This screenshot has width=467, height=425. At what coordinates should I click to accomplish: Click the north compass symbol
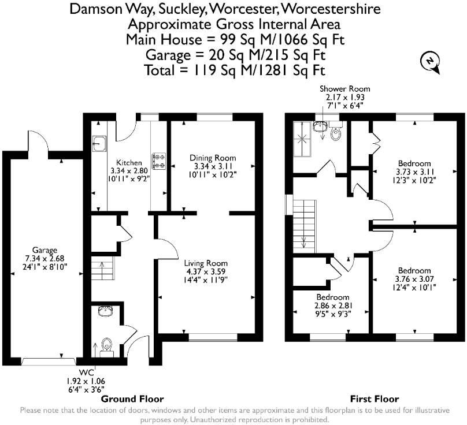coord(430,62)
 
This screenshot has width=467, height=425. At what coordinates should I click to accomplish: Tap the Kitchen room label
coord(129,162)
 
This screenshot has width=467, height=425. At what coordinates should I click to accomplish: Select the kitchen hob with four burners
coord(160,161)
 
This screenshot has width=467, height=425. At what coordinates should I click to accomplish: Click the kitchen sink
coord(99,144)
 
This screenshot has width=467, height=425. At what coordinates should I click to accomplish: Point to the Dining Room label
coord(213,158)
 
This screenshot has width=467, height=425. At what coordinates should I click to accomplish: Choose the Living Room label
coord(206,263)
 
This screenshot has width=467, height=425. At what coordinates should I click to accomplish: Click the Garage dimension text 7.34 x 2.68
coord(45,258)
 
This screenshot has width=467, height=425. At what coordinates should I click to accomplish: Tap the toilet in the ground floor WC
coord(106,347)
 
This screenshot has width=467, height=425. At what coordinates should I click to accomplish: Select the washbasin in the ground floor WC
coord(105,311)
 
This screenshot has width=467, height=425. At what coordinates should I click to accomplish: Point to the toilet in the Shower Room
coord(336,131)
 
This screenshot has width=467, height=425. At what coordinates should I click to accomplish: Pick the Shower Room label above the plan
coord(345,89)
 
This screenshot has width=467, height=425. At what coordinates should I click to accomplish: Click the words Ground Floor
coord(132,399)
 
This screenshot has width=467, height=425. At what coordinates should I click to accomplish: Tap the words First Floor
coord(375,399)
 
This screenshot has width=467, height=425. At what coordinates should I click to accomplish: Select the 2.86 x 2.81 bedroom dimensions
coord(333,305)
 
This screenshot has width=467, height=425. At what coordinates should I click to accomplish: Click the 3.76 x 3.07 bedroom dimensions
coord(414,279)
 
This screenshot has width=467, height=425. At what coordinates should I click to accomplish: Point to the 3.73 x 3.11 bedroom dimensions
coord(415,172)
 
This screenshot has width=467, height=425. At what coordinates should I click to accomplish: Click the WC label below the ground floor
coord(86,372)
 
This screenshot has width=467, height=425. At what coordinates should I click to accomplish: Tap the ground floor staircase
coord(103,268)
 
